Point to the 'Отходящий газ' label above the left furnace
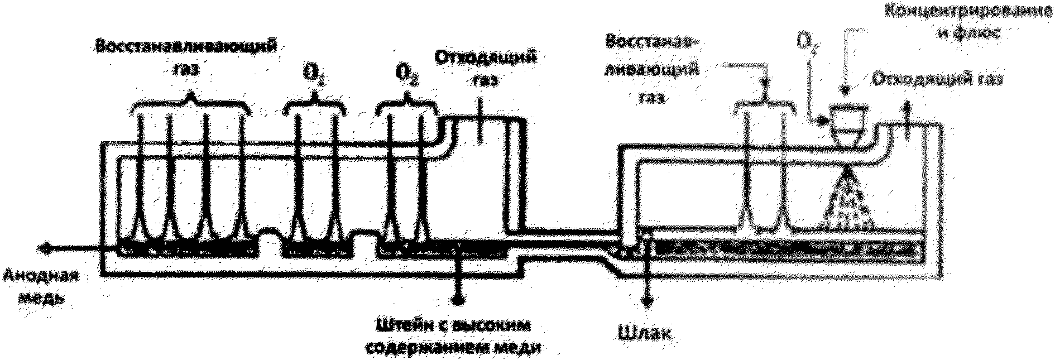pos(485,68)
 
